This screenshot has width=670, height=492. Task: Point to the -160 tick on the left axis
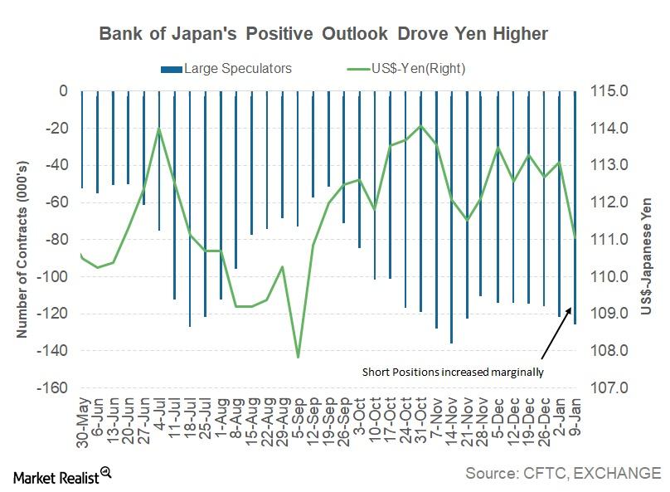[53, 387]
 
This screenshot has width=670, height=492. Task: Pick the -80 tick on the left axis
[56, 239]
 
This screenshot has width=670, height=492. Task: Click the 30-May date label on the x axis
[83, 422]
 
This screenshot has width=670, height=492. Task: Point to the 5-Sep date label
[298, 418]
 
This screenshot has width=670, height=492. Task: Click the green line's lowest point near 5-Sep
[298, 358]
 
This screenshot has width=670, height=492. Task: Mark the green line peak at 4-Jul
[158, 129]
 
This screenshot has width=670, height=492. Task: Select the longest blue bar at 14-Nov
[451, 249]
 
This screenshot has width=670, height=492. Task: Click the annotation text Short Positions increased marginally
[452, 372]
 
